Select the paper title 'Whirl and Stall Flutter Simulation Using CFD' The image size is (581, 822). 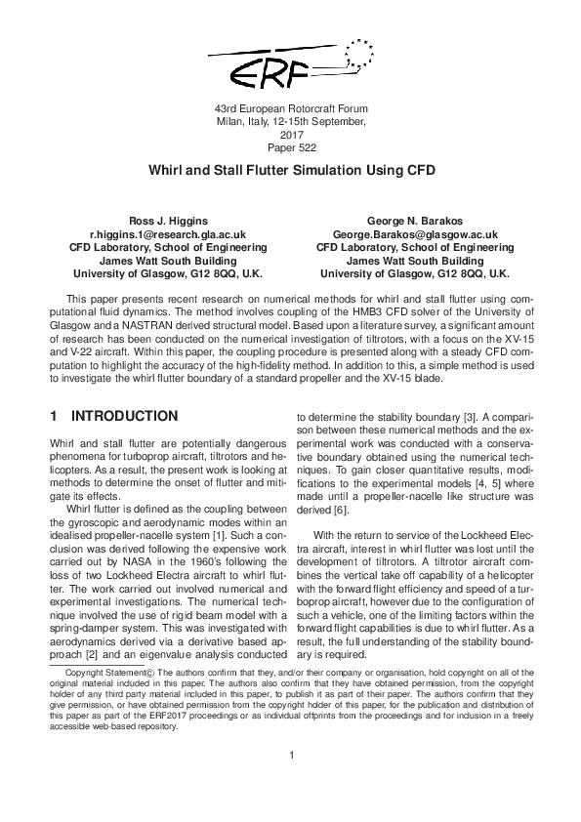pyautogui.click(x=291, y=169)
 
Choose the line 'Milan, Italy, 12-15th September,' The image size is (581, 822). pyautogui.click(x=291, y=121)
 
